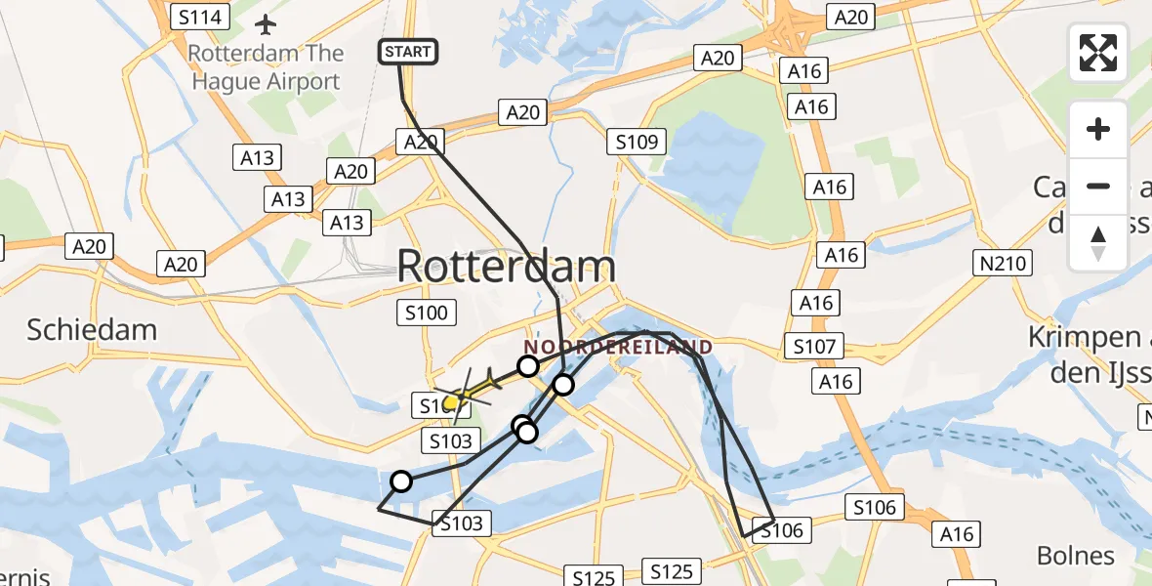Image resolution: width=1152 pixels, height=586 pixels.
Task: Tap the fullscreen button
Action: click(x=1098, y=53)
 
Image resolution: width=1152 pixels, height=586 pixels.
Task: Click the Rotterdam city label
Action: click(x=507, y=267)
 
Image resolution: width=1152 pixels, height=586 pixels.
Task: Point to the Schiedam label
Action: click(x=92, y=329)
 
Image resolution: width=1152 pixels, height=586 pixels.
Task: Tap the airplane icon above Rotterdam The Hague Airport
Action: click(x=266, y=23)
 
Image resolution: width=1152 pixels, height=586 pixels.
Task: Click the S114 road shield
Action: click(x=199, y=17)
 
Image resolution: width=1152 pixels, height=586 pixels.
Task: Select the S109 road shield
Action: click(x=639, y=143)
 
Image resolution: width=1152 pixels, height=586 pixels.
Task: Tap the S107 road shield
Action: click(x=813, y=346)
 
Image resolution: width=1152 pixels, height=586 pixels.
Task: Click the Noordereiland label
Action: click(x=618, y=347)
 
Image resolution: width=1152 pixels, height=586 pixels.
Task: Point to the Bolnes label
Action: click(x=1075, y=556)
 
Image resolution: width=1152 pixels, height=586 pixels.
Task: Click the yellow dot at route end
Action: click(x=452, y=401)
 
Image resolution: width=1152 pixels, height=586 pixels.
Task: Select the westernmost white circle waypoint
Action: click(x=401, y=481)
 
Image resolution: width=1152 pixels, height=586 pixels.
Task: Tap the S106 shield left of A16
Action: click(x=875, y=507)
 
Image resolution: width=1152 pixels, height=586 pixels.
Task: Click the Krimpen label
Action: click(x=1084, y=338)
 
